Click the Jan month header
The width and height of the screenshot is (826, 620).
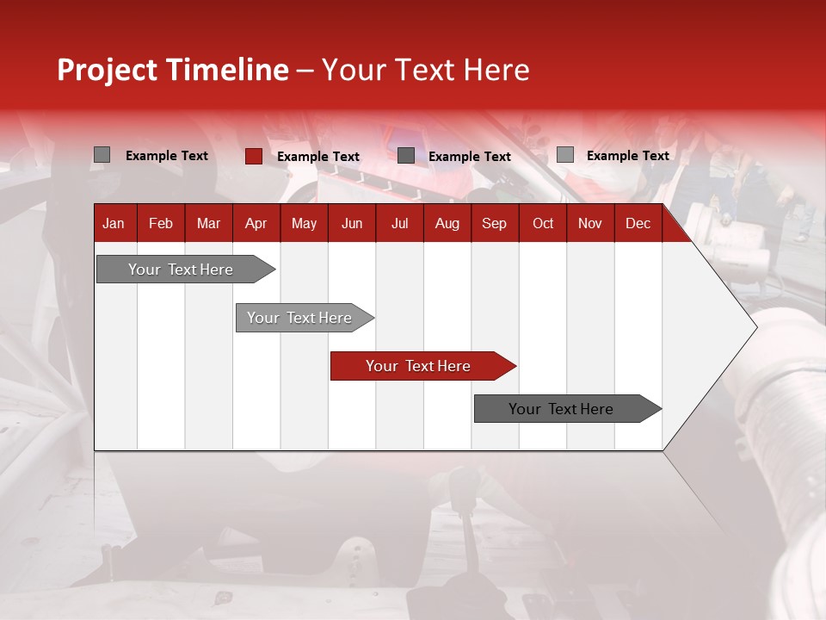click(x=114, y=224)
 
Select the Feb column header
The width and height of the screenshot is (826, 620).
click(x=161, y=224)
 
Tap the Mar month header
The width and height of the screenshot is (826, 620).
click(x=208, y=224)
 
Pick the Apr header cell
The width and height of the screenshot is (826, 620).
click(x=256, y=224)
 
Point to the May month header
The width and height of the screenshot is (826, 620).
click(x=304, y=224)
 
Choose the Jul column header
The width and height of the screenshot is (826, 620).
click(x=400, y=224)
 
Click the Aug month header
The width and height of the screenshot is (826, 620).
click(x=447, y=224)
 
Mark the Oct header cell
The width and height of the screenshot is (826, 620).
click(x=543, y=224)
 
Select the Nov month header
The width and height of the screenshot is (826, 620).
click(x=590, y=224)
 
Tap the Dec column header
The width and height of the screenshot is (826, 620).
click(x=638, y=224)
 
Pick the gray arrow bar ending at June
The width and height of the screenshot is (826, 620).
click(x=305, y=318)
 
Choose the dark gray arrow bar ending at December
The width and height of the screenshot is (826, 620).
click(x=568, y=408)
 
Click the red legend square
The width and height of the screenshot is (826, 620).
click(x=254, y=156)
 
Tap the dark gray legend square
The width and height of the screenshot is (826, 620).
click(x=405, y=156)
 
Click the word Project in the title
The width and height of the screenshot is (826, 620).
click(x=107, y=71)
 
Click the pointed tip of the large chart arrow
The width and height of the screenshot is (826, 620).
click(x=757, y=327)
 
